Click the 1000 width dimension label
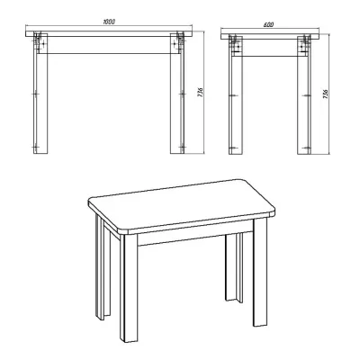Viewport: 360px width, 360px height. point(109,22)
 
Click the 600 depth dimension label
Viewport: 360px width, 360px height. point(269,24)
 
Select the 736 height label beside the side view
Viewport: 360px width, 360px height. point(327,94)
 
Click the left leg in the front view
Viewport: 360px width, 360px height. point(40,94)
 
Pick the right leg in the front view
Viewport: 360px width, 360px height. point(177,94)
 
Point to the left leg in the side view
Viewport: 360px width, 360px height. point(236,96)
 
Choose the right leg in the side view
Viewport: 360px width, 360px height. point(304,96)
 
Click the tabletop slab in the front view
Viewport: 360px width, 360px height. point(109,33)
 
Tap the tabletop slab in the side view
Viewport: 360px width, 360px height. point(270,36)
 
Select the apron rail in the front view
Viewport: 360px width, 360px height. point(109,45)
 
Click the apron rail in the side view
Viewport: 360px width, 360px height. point(270,48)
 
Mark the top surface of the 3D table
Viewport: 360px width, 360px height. point(182,205)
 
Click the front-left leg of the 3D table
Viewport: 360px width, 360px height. point(129,288)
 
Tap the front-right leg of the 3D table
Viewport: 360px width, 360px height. point(260,272)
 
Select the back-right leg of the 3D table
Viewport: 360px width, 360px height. point(234,267)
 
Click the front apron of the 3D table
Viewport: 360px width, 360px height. point(195,238)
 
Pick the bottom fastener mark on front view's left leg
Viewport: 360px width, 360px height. point(35,148)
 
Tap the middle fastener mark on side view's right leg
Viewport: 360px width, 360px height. point(306,95)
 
